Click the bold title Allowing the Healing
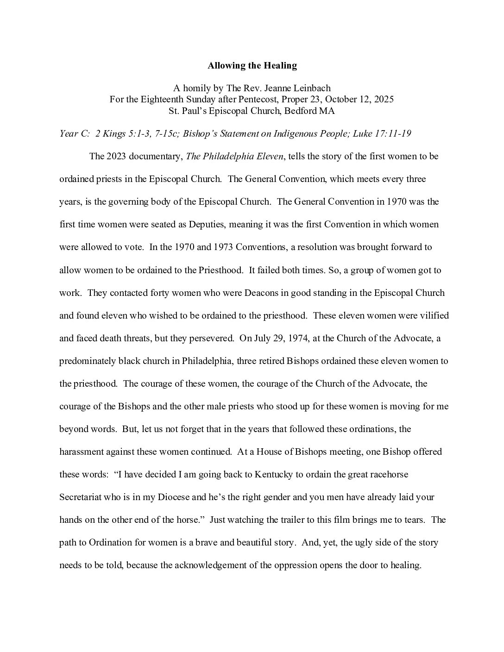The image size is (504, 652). click(x=252, y=65)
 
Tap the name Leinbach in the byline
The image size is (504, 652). click(x=312, y=88)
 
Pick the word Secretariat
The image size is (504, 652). click(x=85, y=497)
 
